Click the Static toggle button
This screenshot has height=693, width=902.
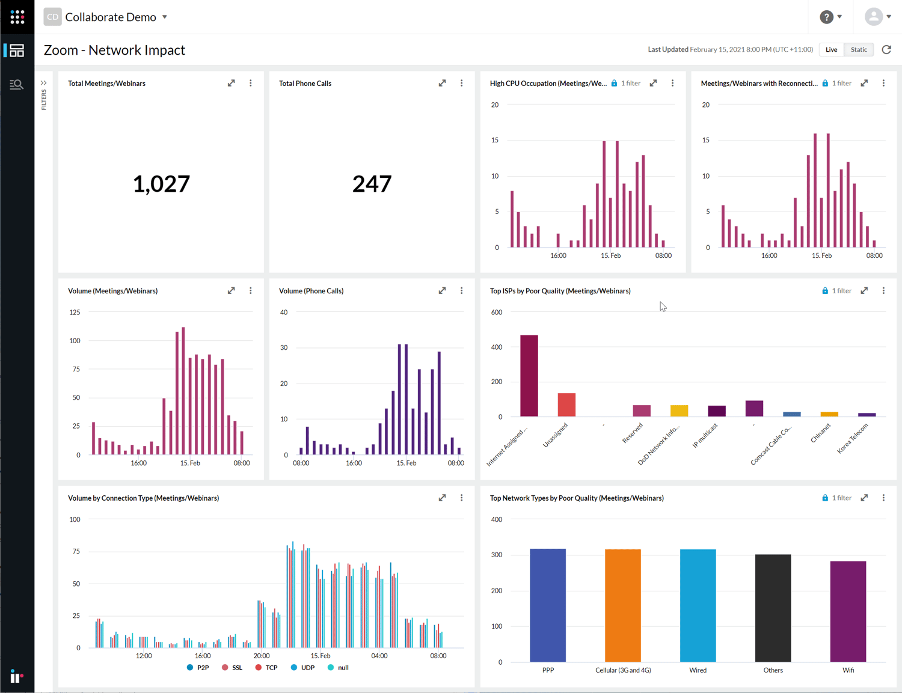(x=859, y=50)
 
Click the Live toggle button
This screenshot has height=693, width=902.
(x=831, y=50)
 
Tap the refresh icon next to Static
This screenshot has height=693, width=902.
(x=886, y=50)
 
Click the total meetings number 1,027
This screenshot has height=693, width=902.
(x=161, y=184)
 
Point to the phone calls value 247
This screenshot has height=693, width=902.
(x=372, y=184)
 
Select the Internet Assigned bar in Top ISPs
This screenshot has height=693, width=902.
(x=529, y=376)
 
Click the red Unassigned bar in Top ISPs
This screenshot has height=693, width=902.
(x=566, y=405)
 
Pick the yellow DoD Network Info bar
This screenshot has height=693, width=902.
(x=679, y=411)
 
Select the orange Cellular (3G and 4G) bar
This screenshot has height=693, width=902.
(x=623, y=605)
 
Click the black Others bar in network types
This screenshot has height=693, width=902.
(x=773, y=607)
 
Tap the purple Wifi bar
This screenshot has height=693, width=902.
(x=848, y=611)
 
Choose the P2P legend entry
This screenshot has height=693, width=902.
(x=198, y=668)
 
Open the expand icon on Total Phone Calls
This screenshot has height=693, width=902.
(x=442, y=84)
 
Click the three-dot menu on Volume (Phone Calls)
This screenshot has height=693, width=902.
(x=462, y=291)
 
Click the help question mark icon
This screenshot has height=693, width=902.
(x=827, y=17)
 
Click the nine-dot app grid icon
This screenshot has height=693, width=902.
(x=17, y=17)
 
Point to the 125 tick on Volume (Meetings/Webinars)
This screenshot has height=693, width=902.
(x=75, y=313)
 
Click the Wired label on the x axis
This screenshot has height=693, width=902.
(x=698, y=670)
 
